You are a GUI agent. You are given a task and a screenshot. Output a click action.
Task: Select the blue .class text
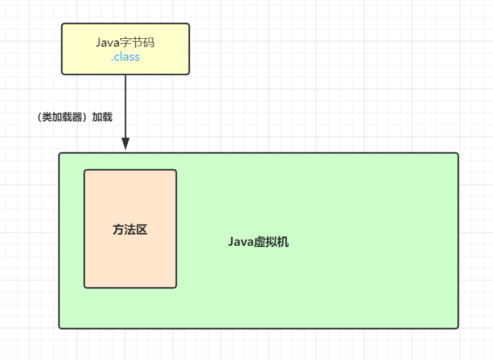click(125, 57)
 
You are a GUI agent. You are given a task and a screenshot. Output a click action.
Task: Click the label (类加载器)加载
click(74, 117)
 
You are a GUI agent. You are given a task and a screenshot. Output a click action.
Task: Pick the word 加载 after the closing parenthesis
click(102, 117)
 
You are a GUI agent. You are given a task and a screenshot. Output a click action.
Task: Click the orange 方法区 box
click(130, 259)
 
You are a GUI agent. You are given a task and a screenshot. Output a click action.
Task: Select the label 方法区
click(130, 229)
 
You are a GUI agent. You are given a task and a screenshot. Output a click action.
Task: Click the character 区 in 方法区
click(142, 229)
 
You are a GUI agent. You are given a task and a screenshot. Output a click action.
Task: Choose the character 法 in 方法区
click(130, 229)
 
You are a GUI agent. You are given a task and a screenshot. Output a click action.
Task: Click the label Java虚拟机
click(258, 242)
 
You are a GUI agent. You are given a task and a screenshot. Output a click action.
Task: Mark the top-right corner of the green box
click(458, 154)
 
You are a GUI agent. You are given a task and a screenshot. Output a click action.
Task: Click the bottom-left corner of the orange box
click(85, 287)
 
